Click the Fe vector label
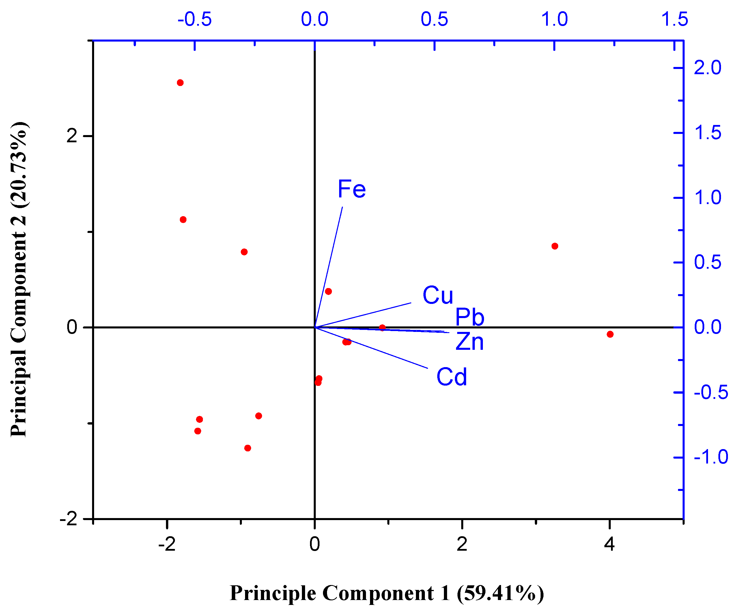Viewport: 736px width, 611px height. (352, 189)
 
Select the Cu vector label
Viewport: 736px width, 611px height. (438, 295)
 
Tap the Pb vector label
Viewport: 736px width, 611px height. (470, 317)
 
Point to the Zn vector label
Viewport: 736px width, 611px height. (470, 342)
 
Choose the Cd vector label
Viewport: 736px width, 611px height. (452, 377)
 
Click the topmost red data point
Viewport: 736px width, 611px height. (180, 83)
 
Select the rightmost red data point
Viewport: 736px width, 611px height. (610, 335)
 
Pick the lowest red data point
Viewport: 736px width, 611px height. (248, 448)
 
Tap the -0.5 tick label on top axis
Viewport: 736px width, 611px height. (195, 19)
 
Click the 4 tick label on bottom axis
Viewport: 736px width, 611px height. (610, 544)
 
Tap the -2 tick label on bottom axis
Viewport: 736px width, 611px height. (167, 544)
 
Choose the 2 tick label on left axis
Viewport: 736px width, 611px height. (72, 136)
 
